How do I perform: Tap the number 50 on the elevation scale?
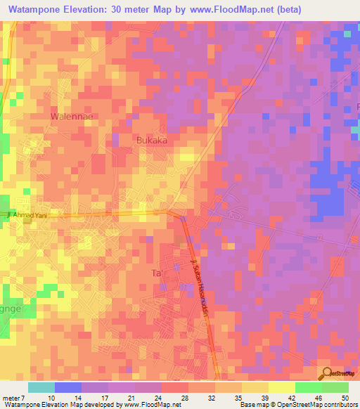coord(345,397)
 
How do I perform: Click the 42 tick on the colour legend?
coord(290,397)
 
